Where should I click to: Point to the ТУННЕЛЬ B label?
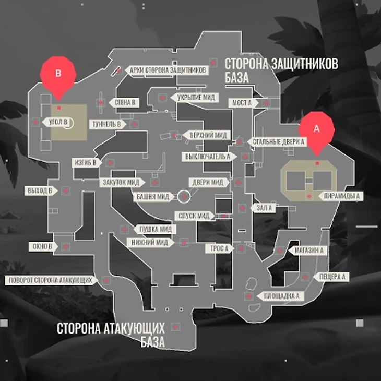click(107, 124)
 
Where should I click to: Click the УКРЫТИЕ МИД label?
click(195, 98)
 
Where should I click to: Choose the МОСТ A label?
click(242, 103)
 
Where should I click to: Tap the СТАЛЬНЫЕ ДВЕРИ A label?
click(278, 141)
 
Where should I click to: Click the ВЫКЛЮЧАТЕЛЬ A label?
click(207, 157)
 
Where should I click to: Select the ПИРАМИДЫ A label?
click(341, 196)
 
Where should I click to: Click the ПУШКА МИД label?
click(154, 229)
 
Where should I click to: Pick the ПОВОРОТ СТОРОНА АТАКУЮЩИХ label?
click(51, 280)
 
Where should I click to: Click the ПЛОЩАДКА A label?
click(281, 296)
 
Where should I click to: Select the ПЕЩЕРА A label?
click(332, 276)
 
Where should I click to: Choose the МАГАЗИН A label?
click(308, 251)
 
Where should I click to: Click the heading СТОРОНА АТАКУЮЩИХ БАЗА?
click(111, 335)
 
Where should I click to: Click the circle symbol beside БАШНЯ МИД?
click(183, 197)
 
